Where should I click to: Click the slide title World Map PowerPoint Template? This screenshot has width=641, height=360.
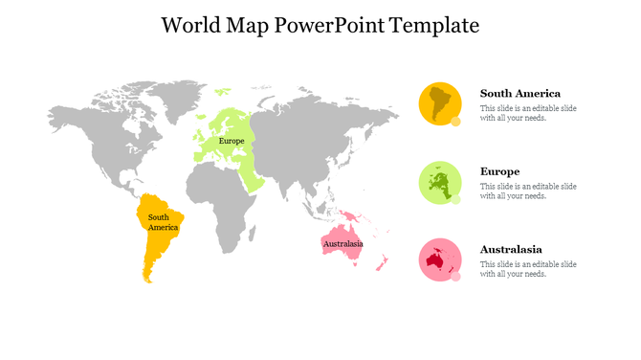[x=320, y=25]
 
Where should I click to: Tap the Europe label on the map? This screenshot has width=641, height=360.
[x=232, y=141]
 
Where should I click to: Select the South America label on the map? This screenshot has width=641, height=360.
[x=162, y=222]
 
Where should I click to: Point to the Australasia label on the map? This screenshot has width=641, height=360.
[x=343, y=244]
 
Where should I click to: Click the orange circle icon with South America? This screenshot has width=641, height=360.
[x=440, y=102]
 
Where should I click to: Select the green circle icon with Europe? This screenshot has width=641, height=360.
[x=440, y=182]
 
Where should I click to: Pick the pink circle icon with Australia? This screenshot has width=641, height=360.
[x=440, y=259]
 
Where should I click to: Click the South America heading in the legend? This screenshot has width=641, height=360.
[x=519, y=94]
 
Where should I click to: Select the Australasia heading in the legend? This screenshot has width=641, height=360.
[x=511, y=249]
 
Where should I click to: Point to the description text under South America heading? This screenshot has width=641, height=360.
[x=528, y=113]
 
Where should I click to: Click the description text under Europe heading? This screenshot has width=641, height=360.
[x=528, y=191]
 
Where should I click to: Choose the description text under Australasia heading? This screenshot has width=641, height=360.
[x=528, y=268]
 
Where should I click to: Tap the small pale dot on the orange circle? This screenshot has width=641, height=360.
[x=456, y=122]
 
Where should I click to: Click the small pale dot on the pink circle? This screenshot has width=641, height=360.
[x=456, y=277]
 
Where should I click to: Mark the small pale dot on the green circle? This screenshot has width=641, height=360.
[x=456, y=199]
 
